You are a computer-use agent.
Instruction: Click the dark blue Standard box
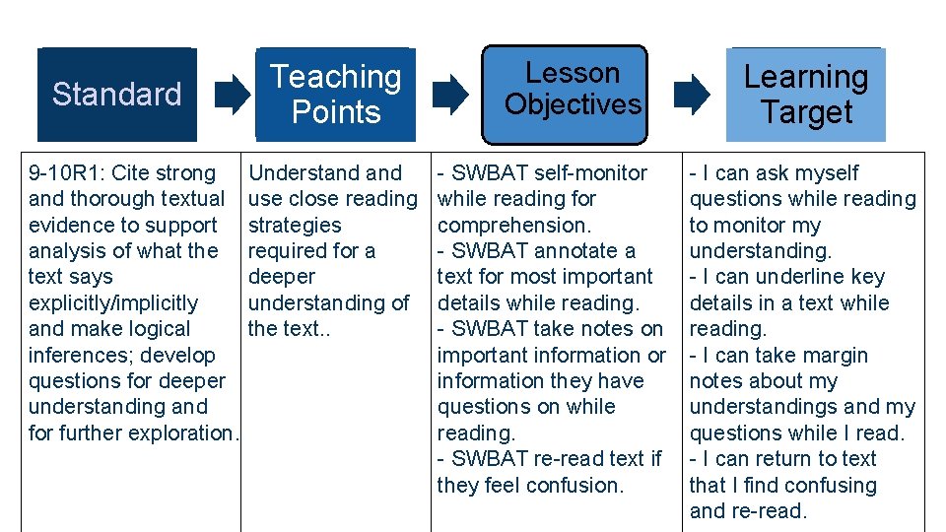click(x=116, y=95)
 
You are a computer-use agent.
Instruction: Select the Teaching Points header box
click(x=335, y=95)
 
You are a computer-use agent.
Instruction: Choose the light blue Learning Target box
click(x=806, y=95)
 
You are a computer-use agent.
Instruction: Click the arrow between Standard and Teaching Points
click(x=233, y=95)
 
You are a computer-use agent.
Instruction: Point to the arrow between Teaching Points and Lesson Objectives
click(x=450, y=95)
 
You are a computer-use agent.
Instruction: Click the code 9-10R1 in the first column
click(x=66, y=173)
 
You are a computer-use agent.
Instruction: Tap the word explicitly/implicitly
click(x=113, y=303)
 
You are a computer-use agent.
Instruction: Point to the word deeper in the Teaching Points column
click(x=282, y=277)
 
